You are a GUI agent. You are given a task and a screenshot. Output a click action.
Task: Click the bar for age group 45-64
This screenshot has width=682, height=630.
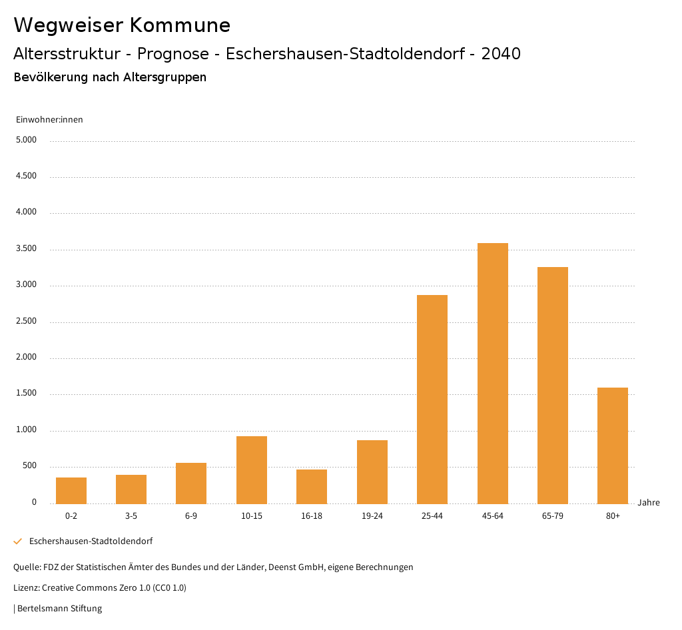pos(492,373)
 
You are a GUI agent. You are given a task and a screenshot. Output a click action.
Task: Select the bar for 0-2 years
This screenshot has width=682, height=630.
pos(71,490)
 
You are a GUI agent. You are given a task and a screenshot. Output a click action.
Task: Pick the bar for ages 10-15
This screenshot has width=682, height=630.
pos(252,470)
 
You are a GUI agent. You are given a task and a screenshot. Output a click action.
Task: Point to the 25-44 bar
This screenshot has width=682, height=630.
pos(432,399)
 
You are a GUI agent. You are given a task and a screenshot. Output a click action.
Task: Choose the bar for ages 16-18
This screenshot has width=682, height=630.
pos(312,486)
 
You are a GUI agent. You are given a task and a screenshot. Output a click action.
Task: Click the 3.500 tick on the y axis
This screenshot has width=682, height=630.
pos(27,248)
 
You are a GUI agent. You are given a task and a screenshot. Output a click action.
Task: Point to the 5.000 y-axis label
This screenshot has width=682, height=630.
pos(27,140)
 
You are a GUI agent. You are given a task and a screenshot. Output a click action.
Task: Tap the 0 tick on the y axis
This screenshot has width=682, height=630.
pos(34,502)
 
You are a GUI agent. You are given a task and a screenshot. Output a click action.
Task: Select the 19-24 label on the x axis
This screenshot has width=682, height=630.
pos(372,516)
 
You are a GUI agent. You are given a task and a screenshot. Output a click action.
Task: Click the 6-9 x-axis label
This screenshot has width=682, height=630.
pos(191,516)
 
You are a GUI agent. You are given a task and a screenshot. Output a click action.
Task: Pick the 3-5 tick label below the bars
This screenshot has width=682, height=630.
pos(131,516)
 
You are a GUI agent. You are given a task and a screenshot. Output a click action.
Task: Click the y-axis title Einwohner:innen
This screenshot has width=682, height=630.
pos(49,119)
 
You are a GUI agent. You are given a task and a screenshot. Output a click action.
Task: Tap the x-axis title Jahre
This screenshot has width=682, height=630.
pos(649,503)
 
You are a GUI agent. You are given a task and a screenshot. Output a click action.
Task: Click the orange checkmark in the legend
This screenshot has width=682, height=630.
pos(18,541)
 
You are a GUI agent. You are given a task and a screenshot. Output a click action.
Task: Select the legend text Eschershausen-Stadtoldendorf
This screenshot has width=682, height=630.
pos(91,541)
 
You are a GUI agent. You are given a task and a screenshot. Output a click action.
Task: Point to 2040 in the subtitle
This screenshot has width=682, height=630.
pos(501,54)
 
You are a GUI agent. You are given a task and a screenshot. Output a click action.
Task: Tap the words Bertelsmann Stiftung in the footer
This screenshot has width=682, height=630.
pos(59,608)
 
